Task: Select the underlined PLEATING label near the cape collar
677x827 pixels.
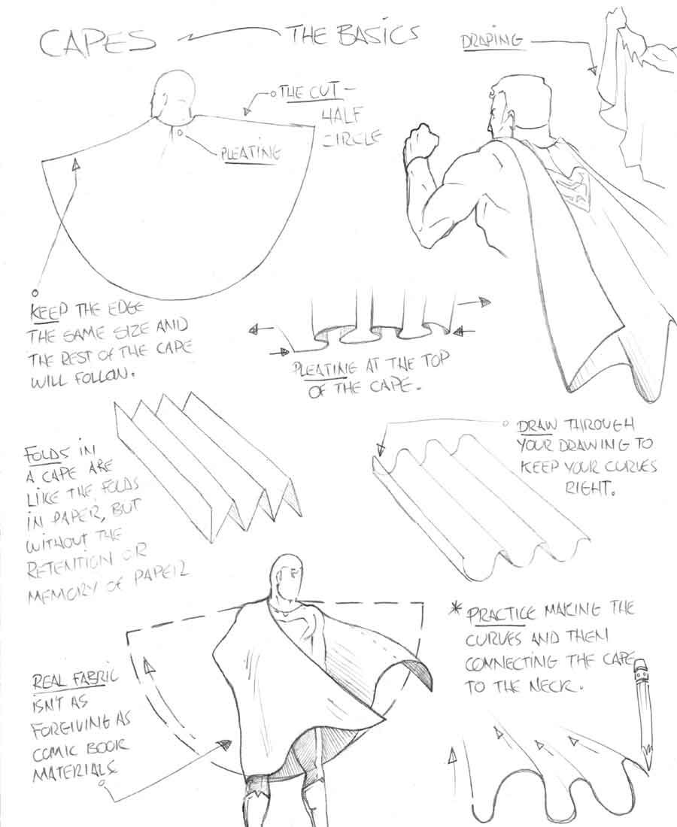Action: pos(250,153)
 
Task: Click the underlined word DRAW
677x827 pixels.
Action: pos(536,426)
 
